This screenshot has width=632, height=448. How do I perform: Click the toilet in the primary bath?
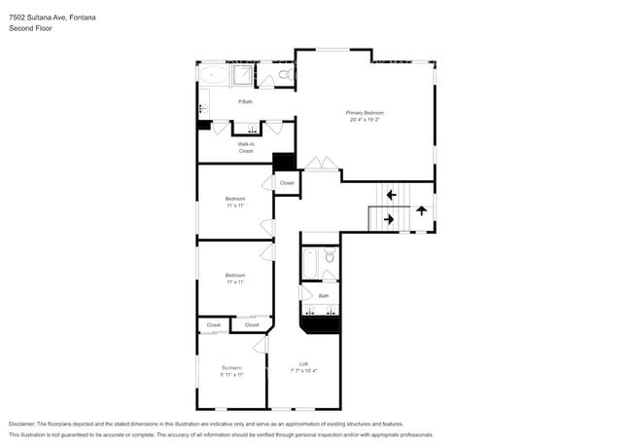(x=284, y=74)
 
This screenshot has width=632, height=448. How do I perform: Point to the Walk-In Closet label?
(x=246, y=148)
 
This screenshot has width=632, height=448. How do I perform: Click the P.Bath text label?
(x=246, y=101)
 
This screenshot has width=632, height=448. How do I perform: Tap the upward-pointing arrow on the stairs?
(x=421, y=209)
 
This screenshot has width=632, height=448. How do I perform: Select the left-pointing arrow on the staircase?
(x=390, y=195)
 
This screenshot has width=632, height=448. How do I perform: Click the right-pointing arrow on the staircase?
(x=389, y=220)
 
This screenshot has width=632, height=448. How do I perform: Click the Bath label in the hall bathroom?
(x=323, y=295)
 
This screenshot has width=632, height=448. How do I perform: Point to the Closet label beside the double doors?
(x=287, y=183)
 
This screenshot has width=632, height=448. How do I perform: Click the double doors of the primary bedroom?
(x=316, y=164)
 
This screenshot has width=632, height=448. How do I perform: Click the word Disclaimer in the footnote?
(x=26, y=425)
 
